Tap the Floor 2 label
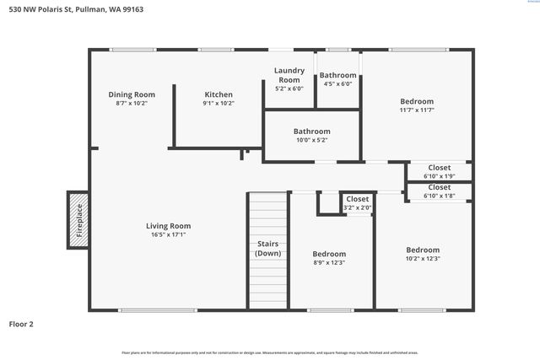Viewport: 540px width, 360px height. point(21,323)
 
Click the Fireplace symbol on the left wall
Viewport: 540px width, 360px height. point(78,220)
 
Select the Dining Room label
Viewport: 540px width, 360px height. point(132,94)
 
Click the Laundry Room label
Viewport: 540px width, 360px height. point(289,75)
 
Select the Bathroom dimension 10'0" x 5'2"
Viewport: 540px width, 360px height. point(311,140)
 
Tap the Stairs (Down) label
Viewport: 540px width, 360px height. point(268,249)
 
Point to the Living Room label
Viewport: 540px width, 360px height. point(168,226)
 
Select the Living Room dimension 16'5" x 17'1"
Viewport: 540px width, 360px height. point(168,235)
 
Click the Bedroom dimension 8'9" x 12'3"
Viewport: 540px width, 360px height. point(329,262)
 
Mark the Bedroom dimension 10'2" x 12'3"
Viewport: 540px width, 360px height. point(423,259)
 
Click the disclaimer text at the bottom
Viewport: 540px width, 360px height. point(269,352)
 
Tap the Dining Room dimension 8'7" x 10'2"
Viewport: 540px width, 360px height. point(132,104)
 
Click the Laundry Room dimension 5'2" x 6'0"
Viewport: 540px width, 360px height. point(289,89)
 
